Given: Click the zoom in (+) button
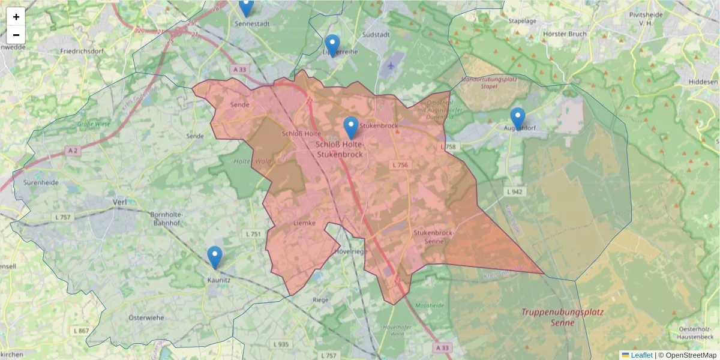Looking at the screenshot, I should (16, 17).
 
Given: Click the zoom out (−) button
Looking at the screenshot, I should (16, 35).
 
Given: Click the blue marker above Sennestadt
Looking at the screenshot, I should (246, 7).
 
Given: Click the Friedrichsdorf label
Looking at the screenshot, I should (82, 52).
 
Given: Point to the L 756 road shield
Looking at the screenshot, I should (400, 165).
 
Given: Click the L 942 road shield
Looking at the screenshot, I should (515, 192).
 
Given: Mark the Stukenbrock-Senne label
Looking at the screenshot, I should (433, 236).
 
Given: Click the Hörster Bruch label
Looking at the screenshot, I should (564, 34).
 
